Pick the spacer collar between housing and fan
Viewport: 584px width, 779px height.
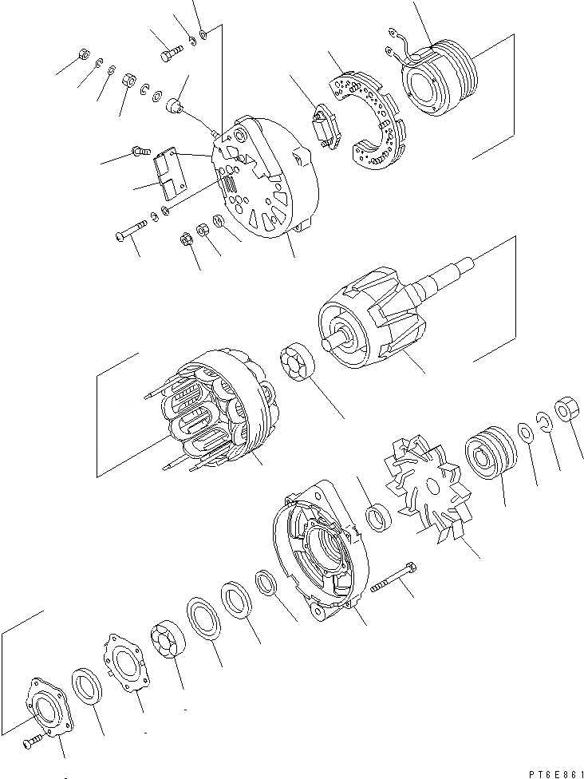[377, 516]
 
